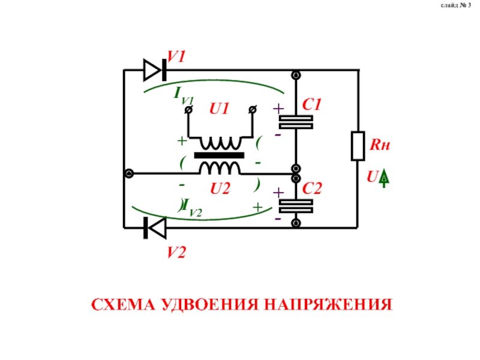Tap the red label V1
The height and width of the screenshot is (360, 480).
[x=177, y=57]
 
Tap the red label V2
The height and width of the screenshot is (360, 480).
[x=176, y=253]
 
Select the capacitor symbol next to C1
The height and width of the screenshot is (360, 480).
[x=296, y=122]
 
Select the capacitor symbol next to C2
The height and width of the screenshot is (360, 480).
[x=296, y=206]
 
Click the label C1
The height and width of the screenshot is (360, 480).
[x=313, y=105]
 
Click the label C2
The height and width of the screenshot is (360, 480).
[x=313, y=190]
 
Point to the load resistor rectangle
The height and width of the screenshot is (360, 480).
[x=358, y=146]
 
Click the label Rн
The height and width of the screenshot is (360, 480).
[x=379, y=145]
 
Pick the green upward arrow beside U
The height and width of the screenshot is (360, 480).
[x=385, y=177]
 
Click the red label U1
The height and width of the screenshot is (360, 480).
[x=220, y=109]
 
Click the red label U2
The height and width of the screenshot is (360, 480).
[x=220, y=190]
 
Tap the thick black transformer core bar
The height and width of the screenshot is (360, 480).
[x=218, y=155]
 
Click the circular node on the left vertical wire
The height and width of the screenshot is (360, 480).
[x=128, y=173]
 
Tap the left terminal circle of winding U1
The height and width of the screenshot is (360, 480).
[x=188, y=110]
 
